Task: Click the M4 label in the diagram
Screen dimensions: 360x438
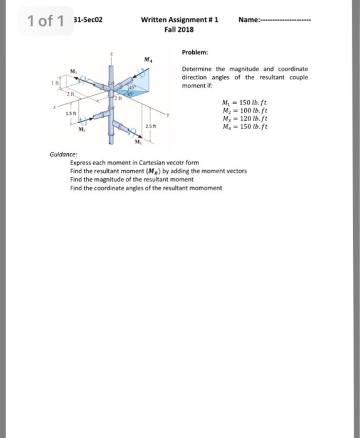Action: click(148, 59)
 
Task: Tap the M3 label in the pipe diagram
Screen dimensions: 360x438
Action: click(73, 71)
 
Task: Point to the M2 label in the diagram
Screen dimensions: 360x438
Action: click(81, 129)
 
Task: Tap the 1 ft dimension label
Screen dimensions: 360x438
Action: click(54, 83)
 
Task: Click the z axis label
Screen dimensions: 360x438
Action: click(111, 54)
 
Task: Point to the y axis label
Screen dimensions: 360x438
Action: click(168, 115)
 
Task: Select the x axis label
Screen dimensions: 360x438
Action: click(55, 107)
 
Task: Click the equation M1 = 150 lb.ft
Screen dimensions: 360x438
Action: click(245, 102)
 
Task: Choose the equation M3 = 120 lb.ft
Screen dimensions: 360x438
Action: click(245, 118)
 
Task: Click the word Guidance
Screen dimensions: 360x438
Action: click(63, 154)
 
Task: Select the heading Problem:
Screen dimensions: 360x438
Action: click(195, 52)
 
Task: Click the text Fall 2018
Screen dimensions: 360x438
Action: click(179, 29)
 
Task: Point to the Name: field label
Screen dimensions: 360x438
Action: click(249, 20)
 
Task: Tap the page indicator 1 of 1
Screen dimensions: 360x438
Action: click(46, 21)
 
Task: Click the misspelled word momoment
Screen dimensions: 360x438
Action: click(206, 188)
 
